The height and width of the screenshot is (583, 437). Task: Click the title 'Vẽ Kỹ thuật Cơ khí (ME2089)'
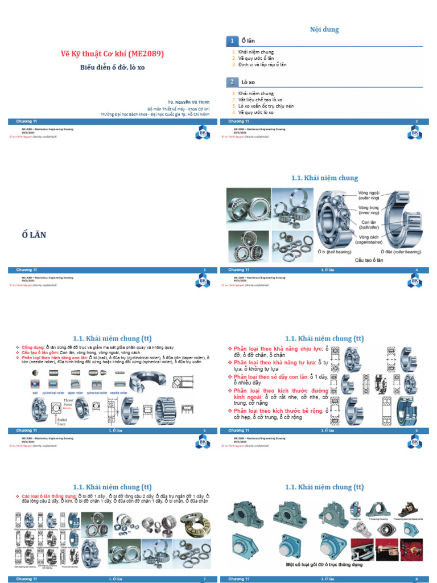click(112, 54)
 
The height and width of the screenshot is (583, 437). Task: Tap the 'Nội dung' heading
click(324, 29)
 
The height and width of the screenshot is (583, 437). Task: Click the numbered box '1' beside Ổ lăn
click(232, 40)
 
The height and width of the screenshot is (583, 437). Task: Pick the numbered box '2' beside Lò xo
click(232, 81)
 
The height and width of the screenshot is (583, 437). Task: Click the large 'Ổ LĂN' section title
click(34, 235)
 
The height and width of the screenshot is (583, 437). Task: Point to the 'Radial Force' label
click(61, 422)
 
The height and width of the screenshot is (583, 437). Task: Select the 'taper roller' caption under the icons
click(76, 393)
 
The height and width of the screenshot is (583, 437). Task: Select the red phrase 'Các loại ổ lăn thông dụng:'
click(45, 496)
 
